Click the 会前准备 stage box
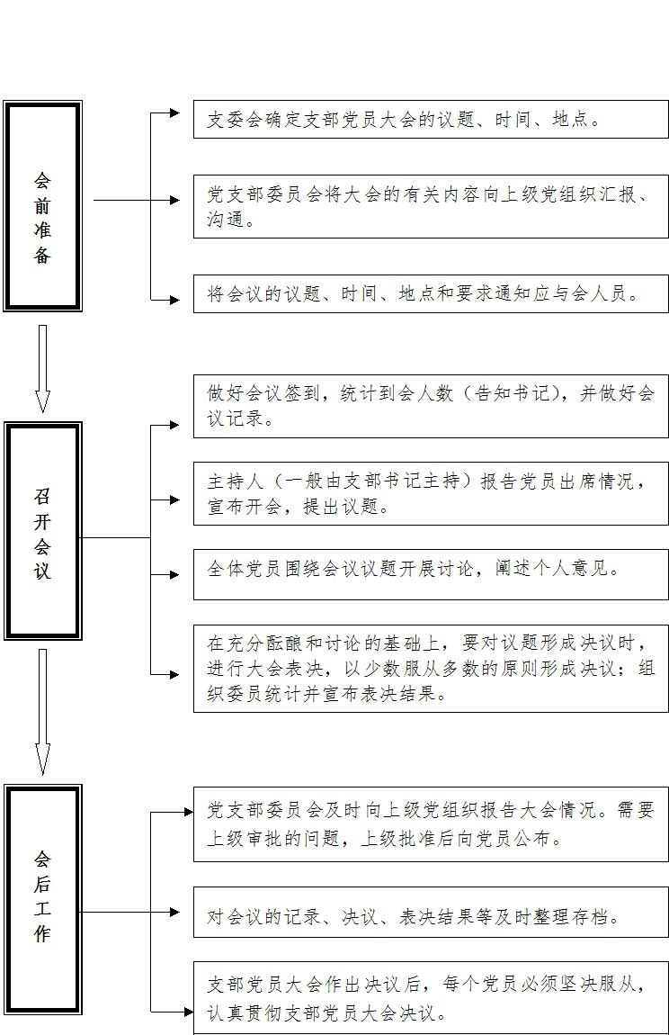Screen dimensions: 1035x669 (42, 206)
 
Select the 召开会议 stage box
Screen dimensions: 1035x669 (42, 531)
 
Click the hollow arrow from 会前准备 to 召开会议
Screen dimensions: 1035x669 (42, 368)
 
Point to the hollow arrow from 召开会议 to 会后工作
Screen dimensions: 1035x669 (42, 711)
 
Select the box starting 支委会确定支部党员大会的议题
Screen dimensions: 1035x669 (431, 120)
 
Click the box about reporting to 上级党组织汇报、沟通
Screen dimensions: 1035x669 (431, 207)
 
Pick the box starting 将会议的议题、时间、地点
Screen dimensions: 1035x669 (431, 294)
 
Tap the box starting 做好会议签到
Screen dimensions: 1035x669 (431, 406)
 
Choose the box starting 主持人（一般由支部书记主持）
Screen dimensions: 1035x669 (431, 493)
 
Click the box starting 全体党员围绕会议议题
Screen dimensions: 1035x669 (431, 574)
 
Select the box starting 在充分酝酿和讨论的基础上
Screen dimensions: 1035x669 (431, 669)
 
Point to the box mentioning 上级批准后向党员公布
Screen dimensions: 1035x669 (431, 824)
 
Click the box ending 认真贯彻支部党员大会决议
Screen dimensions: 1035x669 (431, 997)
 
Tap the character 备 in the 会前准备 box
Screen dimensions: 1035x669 (42, 256)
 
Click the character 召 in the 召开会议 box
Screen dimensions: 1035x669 (42, 496)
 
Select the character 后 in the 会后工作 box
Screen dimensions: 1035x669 (42, 884)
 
